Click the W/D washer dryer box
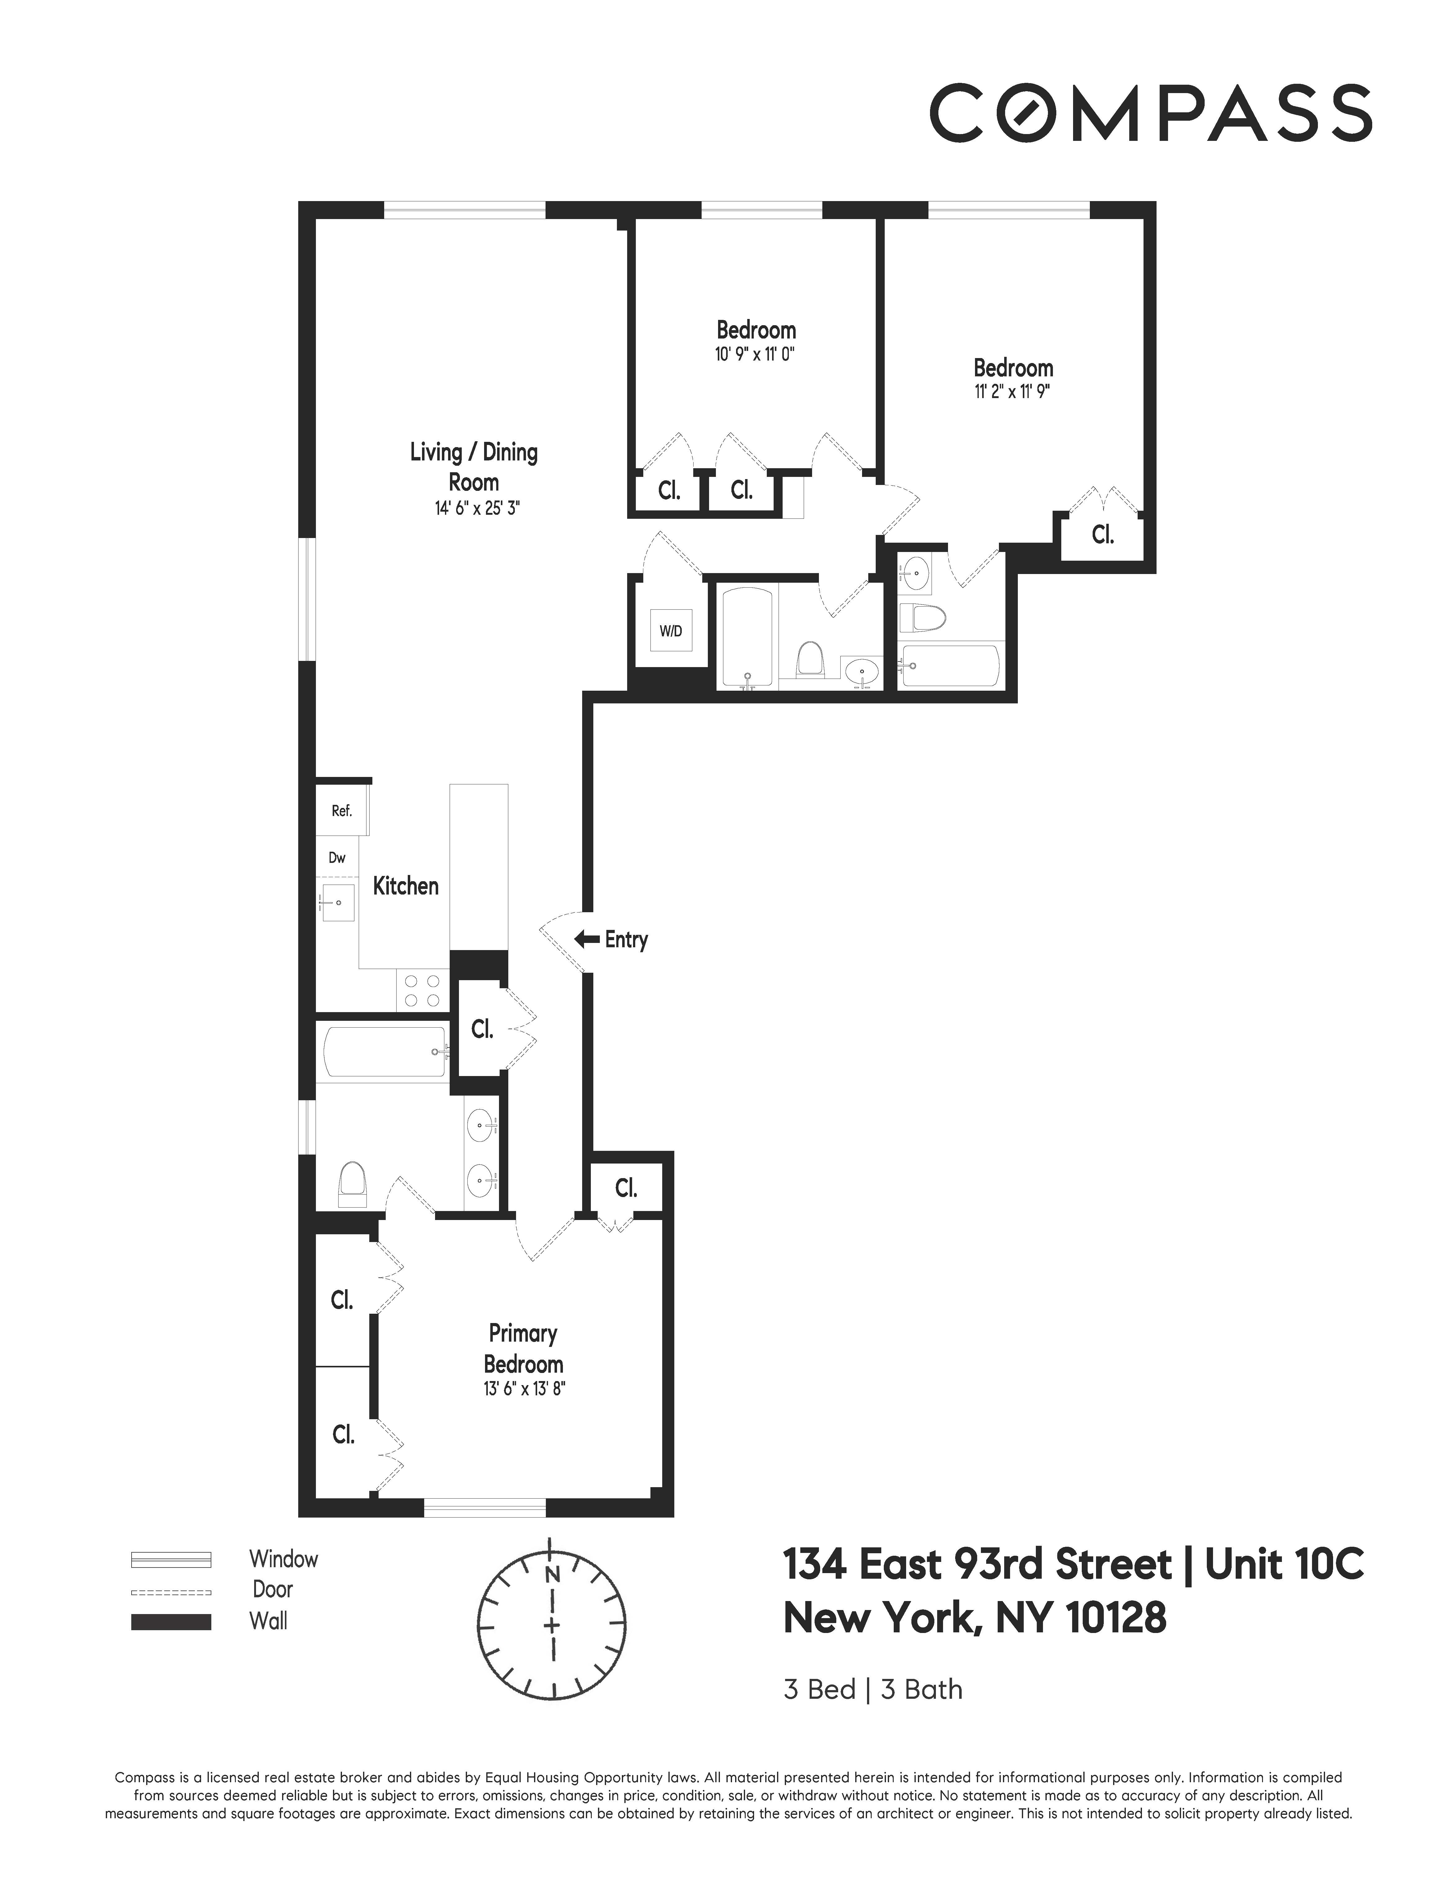(x=670, y=630)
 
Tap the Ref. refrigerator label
(x=342, y=811)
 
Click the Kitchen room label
(x=405, y=886)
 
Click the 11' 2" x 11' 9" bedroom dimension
(x=1012, y=392)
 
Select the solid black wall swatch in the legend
(x=171, y=1622)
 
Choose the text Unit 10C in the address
(x=1283, y=1565)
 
